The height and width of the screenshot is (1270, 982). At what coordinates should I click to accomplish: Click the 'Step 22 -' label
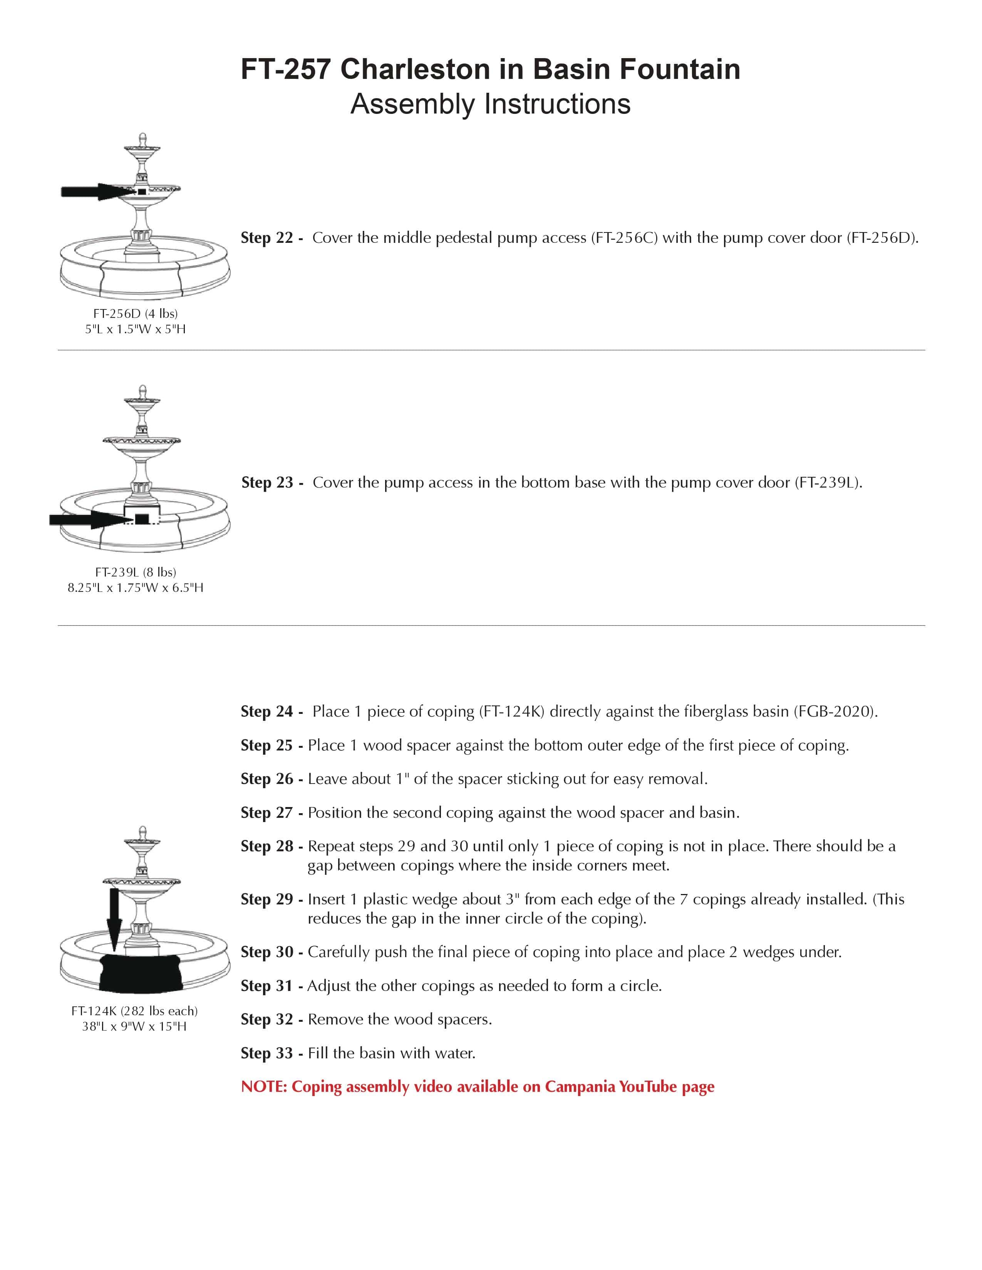(x=271, y=238)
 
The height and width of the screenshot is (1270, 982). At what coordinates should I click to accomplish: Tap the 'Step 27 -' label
(x=271, y=812)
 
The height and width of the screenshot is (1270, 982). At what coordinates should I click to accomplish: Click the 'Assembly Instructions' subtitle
(x=490, y=104)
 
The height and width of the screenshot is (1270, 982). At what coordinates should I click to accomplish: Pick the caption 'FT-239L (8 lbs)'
(x=136, y=572)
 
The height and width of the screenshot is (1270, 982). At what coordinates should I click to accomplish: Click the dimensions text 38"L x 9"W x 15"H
(x=134, y=1026)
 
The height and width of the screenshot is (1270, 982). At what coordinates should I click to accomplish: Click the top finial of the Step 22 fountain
(x=142, y=140)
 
